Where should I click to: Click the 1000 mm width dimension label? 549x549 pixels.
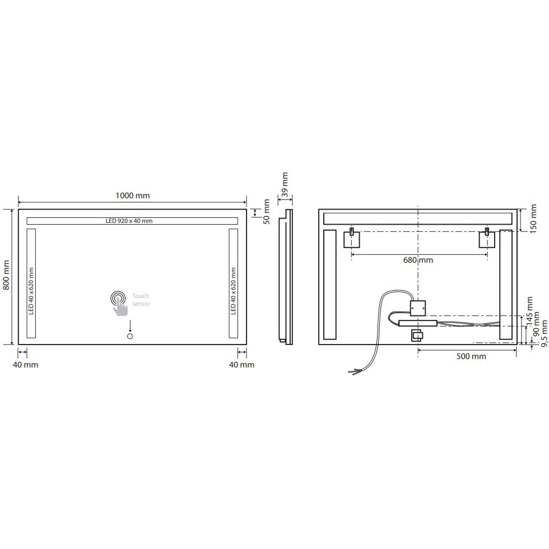(x=133, y=196)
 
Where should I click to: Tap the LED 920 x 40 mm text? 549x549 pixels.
(x=129, y=221)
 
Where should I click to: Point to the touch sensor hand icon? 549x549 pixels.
(x=119, y=303)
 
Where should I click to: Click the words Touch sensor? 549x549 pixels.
(x=141, y=300)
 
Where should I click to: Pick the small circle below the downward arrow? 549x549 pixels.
(x=130, y=337)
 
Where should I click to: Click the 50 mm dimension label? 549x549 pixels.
(x=267, y=212)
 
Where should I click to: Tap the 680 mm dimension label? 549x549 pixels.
(x=418, y=260)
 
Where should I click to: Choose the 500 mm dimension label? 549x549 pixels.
(x=471, y=356)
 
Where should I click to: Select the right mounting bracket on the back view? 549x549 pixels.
(x=487, y=239)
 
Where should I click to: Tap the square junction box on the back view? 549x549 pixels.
(x=418, y=308)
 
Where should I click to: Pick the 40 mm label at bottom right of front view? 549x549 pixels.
(x=242, y=365)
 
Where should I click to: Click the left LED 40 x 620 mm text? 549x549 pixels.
(x=31, y=291)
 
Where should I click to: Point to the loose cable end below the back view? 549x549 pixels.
(x=353, y=370)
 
